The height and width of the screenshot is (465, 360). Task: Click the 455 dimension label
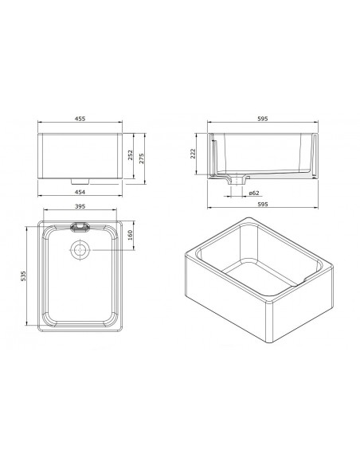(x=80, y=119)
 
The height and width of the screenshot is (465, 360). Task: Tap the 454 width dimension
(x=80, y=192)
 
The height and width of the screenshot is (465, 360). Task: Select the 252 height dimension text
(x=130, y=155)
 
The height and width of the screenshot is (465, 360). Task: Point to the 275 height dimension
(x=142, y=158)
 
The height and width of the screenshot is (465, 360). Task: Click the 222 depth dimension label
(x=193, y=154)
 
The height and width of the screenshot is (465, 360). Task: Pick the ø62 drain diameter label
(x=254, y=193)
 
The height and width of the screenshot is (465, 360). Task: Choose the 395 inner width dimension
(x=80, y=206)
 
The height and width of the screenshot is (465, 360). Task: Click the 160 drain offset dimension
(x=130, y=236)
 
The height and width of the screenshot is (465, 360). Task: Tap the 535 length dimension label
(x=24, y=276)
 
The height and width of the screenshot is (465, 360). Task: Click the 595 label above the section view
(x=263, y=119)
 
